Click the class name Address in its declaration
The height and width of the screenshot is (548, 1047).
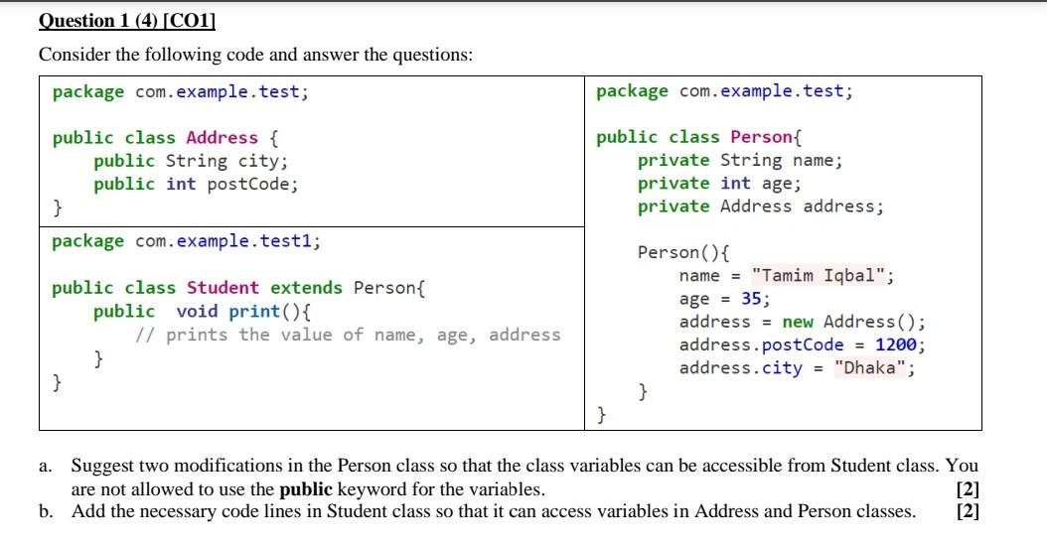click(222, 138)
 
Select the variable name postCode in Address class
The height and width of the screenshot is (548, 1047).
click(249, 184)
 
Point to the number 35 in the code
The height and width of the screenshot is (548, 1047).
click(754, 299)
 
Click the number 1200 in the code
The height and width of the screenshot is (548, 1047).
click(898, 344)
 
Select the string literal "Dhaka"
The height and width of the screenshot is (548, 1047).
click(870, 367)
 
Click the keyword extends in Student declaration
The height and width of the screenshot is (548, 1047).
click(307, 288)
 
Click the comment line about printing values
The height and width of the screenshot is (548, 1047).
click(348, 334)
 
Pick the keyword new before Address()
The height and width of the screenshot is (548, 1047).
click(798, 322)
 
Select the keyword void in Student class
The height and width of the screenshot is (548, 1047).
click(197, 311)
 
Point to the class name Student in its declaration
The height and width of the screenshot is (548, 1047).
click(223, 288)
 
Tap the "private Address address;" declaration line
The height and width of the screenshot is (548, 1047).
click(760, 206)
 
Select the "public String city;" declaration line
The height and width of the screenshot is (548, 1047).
click(191, 161)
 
